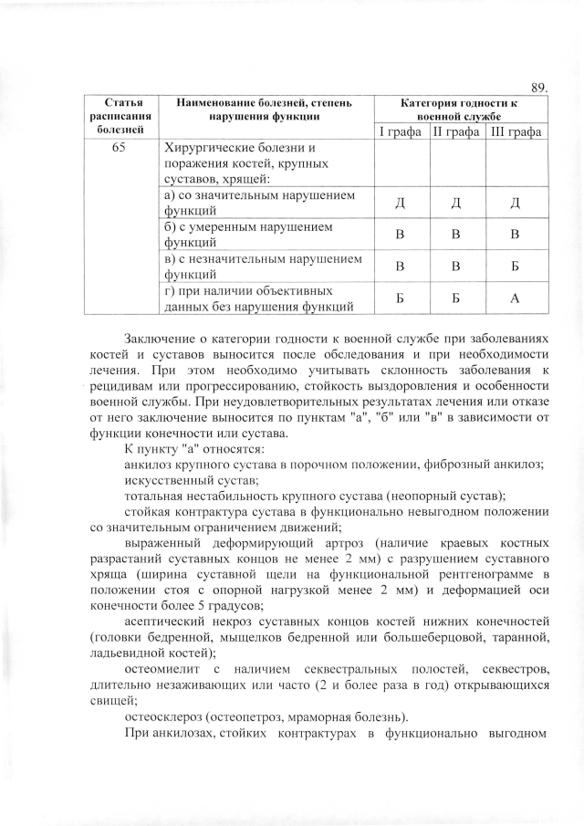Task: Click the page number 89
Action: (538, 88)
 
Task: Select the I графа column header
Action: (400, 133)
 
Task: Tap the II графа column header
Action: (457, 133)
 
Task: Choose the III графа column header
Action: (516, 133)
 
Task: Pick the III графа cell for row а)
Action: (516, 203)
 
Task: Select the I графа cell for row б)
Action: (400, 235)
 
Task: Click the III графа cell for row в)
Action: (516, 267)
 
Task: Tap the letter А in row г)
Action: (516, 298)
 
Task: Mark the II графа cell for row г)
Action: (457, 298)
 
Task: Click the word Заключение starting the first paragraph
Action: (162, 339)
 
